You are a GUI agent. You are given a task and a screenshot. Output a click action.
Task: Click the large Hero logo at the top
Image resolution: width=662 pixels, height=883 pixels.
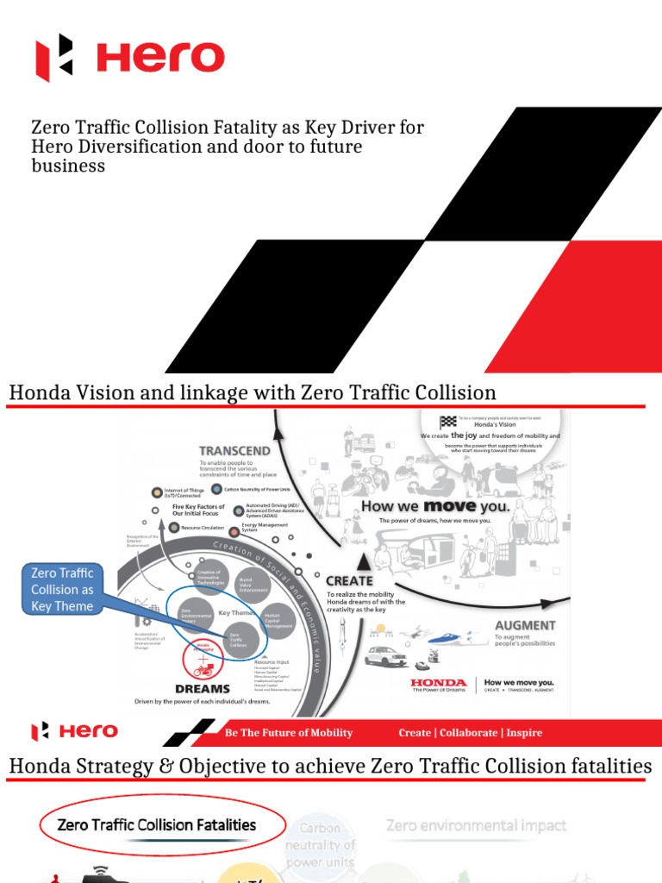[x=129, y=58]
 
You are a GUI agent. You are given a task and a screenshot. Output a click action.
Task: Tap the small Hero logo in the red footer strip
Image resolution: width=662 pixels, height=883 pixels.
[x=75, y=731]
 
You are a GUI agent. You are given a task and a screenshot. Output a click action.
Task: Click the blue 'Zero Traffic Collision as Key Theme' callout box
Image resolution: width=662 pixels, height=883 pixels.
[x=61, y=589]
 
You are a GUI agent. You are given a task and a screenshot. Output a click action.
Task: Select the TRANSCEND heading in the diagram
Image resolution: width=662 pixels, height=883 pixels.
[x=234, y=450]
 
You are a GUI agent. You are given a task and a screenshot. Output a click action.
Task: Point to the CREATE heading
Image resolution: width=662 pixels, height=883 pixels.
[x=349, y=580]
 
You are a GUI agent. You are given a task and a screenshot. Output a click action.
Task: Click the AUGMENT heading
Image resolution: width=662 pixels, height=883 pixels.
[x=525, y=624]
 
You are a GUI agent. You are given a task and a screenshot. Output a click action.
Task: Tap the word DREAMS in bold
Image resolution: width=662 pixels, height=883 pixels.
[x=203, y=688]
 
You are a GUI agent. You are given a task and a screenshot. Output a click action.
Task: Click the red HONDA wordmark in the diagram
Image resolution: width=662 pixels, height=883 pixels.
[x=439, y=681]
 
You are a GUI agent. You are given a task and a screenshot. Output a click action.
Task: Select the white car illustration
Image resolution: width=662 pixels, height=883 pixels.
[x=385, y=656]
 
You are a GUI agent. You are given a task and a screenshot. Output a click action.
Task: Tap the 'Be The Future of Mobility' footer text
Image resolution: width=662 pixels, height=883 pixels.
[x=288, y=732]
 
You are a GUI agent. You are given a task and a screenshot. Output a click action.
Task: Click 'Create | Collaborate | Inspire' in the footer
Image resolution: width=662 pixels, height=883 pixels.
[x=470, y=732]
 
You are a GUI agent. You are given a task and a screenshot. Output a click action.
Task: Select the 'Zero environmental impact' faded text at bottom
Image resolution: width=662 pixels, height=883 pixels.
[x=476, y=825]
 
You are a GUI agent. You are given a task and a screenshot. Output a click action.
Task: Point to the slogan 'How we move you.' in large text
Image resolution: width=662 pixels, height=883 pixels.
[x=435, y=505]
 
